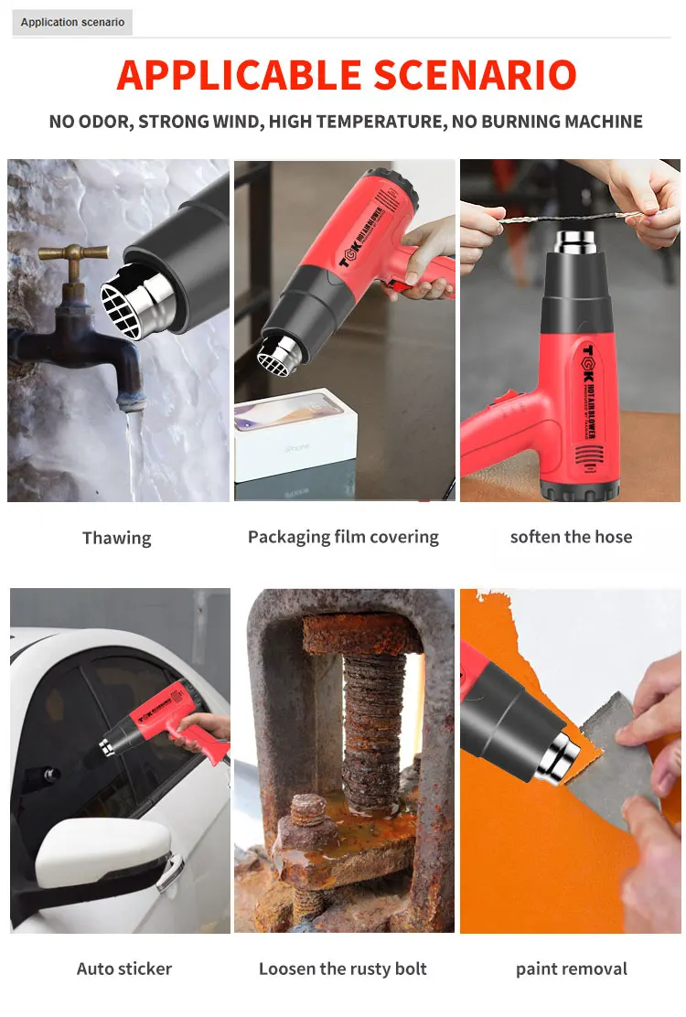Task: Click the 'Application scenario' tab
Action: (x=72, y=22)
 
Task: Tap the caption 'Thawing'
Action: (x=117, y=538)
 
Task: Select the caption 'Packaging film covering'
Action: (x=343, y=537)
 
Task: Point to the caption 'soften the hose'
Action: (x=571, y=537)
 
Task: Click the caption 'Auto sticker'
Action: (x=124, y=969)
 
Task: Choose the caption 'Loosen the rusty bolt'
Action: (x=343, y=969)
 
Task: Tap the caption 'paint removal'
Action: (x=571, y=969)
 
